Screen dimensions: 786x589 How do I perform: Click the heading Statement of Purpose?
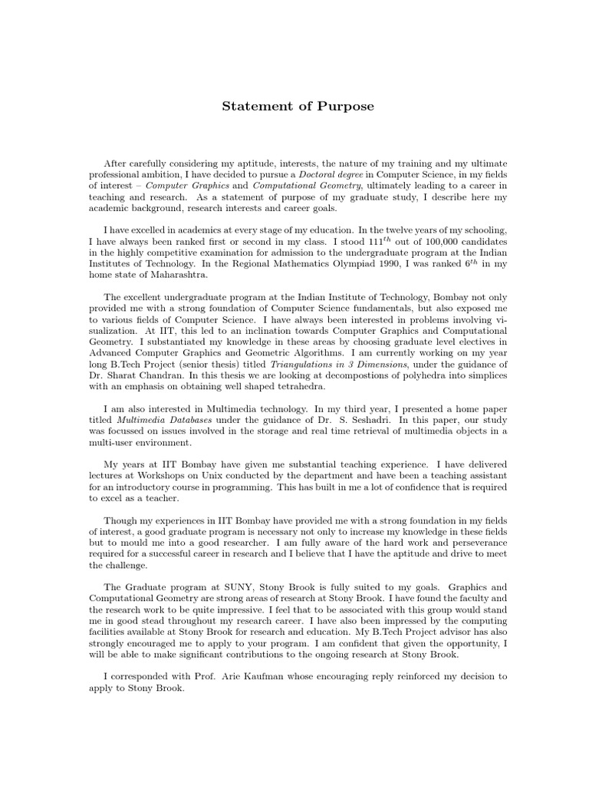click(298, 106)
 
